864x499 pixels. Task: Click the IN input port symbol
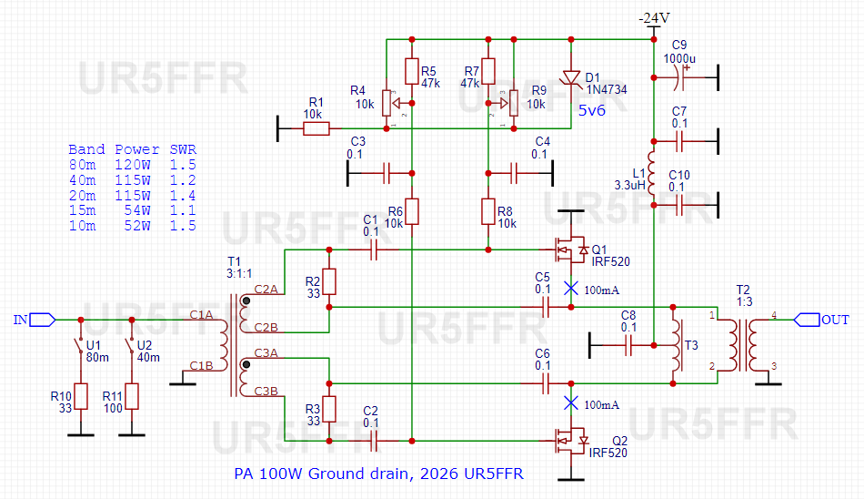pos(43,320)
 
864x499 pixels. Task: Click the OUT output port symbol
pos(807,320)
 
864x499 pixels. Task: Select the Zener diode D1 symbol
pos(571,77)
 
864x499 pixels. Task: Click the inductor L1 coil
pos(652,173)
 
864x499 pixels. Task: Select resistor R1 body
pos(316,128)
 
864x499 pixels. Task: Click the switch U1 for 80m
pos(80,345)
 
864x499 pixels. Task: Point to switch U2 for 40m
pos(131,345)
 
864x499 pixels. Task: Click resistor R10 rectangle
pos(81,396)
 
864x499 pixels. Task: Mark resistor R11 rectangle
pos(132,396)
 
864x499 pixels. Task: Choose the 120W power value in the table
pos(132,165)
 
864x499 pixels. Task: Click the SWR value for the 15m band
pos(183,210)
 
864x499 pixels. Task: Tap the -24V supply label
pos(654,18)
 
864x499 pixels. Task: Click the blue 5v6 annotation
pos(592,110)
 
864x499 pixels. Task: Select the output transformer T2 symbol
pos(743,345)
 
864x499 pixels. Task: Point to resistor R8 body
pos(488,211)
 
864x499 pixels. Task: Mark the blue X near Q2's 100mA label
pos(571,403)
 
